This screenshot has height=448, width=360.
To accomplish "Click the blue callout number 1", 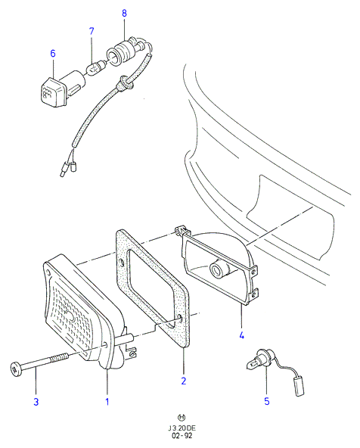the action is pyautogui.click(x=107, y=402).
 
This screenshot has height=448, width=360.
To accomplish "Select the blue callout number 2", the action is pyautogui.click(x=184, y=381).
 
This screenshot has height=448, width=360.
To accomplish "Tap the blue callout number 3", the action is pyautogui.click(x=36, y=402).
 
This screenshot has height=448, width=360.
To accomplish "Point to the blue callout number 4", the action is pyautogui.click(x=242, y=335).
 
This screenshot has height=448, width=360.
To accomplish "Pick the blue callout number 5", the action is pyautogui.click(x=267, y=401).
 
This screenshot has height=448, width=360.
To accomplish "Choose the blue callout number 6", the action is pyautogui.click(x=53, y=54).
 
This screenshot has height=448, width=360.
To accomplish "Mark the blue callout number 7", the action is pyautogui.click(x=92, y=31).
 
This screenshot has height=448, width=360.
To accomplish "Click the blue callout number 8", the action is pyautogui.click(x=124, y=13).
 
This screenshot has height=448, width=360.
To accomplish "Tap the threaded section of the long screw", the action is pyautogui.click(x=60, y=358).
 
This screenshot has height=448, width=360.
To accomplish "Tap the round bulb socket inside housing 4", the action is pyautogui.click(x=219, y=269).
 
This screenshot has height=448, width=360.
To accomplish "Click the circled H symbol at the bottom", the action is pyautogui.click(x=182, y=418).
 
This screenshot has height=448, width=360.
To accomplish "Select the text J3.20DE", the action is pyautogui.click(x=182, y=428).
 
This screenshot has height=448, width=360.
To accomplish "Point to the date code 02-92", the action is pyautogui.click(x=182, y=436).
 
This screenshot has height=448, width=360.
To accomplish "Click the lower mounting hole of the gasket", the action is pyautogui.click(x=181, y=318).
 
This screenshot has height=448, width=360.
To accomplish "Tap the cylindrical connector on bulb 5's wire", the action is pyautogui.click(x=298, y=386).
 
